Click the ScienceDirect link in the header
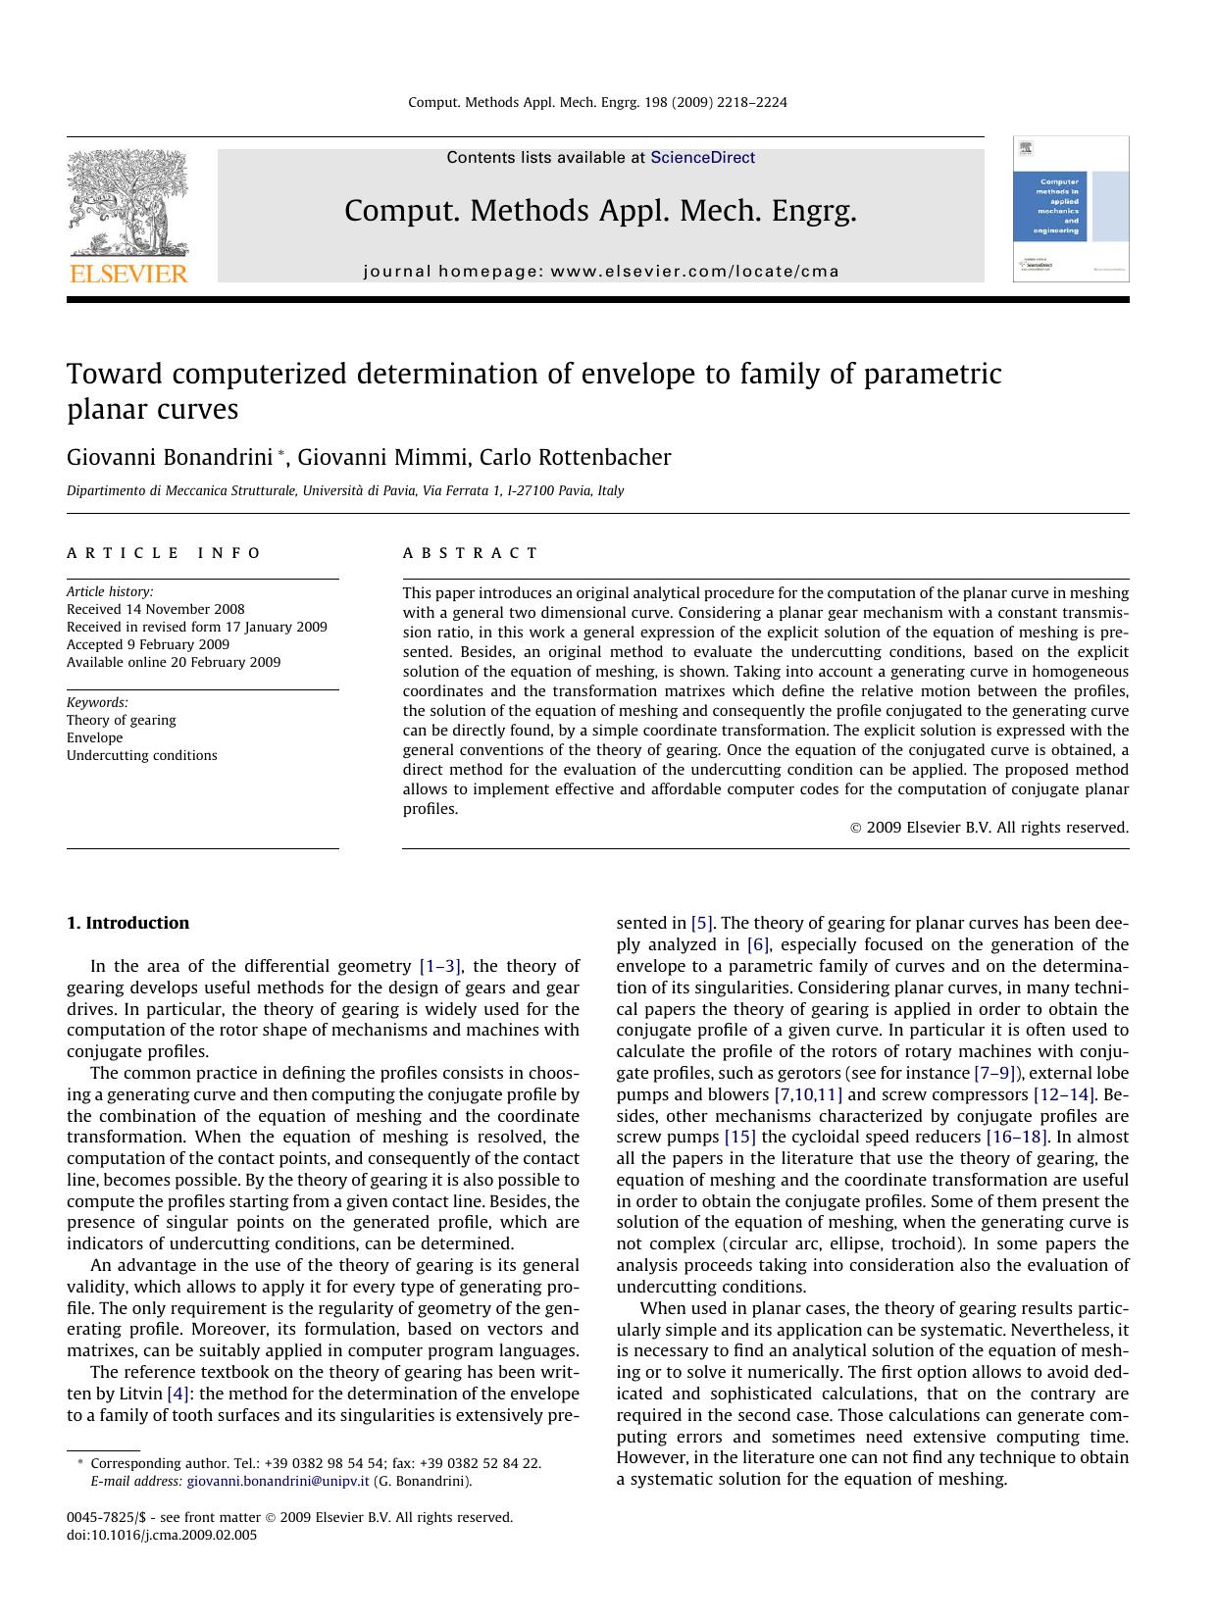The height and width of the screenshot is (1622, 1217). [702, 157]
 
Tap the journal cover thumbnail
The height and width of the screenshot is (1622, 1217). [1070, 209]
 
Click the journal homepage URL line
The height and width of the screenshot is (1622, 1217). [601, 272]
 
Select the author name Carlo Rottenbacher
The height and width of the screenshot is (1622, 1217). [575, 458]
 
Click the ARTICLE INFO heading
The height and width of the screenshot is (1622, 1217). [164, 553]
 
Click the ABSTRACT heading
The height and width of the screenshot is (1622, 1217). [471, 553]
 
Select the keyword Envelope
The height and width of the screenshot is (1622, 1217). [95, 737]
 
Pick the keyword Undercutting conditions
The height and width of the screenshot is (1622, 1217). [142, 755]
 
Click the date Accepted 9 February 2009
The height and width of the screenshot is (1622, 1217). [148, 644]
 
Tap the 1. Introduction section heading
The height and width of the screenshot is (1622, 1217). [127, 923]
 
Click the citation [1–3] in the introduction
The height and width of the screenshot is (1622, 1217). [440, 966]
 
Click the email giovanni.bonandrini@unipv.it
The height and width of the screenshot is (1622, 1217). [278, 1481]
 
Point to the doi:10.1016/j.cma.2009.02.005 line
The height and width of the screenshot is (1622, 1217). [162, 1535]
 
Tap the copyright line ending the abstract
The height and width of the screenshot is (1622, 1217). [989, 828]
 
